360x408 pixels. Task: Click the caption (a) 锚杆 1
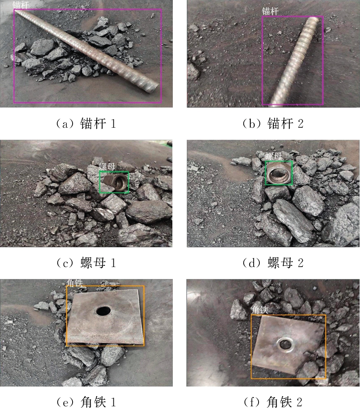(x=86, y=124)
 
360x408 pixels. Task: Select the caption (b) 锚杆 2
(x=273, y=124)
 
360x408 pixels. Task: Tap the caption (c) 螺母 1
(x=86, y=263)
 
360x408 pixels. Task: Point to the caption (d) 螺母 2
(x=273, y=263)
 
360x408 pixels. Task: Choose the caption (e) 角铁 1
(x=86, y=402)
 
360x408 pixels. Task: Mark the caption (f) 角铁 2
(x=273, y=402)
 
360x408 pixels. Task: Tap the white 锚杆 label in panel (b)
(x=270, y=11)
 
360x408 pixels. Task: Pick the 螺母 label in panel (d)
(x=273, y=156)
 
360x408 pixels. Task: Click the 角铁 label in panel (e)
(x=75, y=283)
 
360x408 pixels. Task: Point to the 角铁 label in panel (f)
(x=259, y=310)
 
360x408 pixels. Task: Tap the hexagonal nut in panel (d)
(x=278, y=173)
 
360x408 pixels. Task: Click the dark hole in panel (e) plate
(x=104, y=311)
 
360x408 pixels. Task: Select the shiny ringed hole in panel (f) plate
(x=286, y=344)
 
